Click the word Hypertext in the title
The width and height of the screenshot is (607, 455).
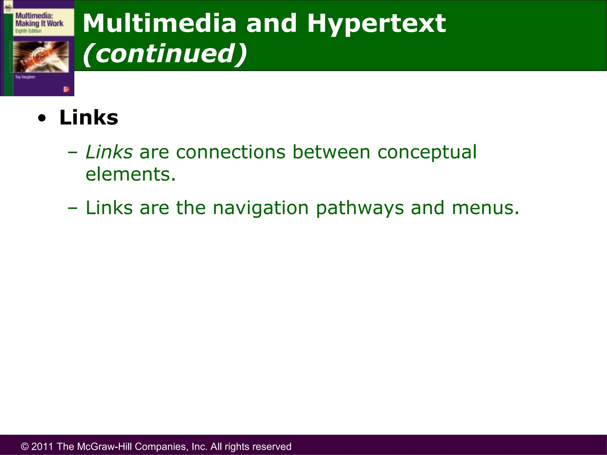pyautogui.click(x=376, y=24)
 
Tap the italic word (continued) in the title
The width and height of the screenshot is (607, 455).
pyautogui.click(x=165, y=53)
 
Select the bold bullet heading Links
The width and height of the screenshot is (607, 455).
pyautogui.click(x=89, y=118)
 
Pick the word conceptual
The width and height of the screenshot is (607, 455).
pyautogui.click(x=427, y=153)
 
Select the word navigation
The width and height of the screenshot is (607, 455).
pyautogui.click(x=261, y=208)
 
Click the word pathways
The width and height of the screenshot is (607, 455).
pyautogui.click(x=360, y=208)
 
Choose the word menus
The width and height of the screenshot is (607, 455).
pyautogui.click(x=485, y=208)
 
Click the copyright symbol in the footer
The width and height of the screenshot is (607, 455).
pyautogui.click(x=25, y=446)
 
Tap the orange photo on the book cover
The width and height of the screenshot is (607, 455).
pyautogui.click(x=40, y=57)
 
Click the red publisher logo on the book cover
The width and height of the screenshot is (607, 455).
pyautogui.click(x=66, y=89)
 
